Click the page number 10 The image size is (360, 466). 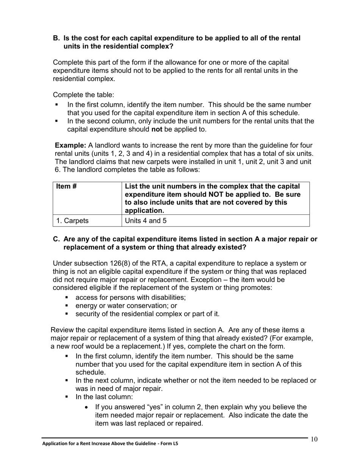pos(314,439)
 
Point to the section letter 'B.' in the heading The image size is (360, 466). pos(56,38)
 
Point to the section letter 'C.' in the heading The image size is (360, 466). pos(56,239)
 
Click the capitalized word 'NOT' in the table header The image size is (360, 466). pos(225,194)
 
